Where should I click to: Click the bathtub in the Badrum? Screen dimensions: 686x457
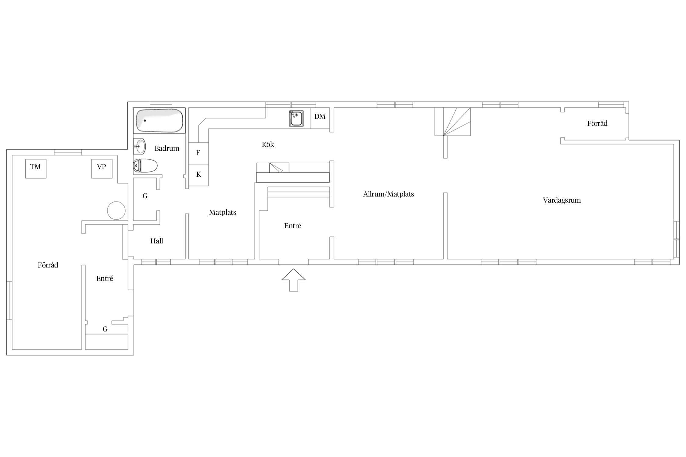(159, 120)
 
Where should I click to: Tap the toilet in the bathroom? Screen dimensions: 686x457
(145, 166)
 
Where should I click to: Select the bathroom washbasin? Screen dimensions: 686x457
(139, 147)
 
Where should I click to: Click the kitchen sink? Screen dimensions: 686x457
(296, 119)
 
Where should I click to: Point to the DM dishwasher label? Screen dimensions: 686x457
(320, 116)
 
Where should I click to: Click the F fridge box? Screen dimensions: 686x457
(198, 153)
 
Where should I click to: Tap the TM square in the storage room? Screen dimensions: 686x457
(36, 168)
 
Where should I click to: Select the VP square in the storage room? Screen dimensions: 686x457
(102, 168)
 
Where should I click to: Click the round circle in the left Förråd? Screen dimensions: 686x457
(116, 211)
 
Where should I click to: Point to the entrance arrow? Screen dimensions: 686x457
(293, 280)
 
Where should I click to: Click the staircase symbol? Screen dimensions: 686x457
(453, 122)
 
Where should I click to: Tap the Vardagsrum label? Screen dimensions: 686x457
(562, 200)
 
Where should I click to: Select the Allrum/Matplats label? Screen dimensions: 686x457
(388, 194)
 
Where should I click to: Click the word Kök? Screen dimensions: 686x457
(268, 144)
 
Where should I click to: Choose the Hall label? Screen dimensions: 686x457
(157, 241)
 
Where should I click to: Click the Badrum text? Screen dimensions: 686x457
(167, 148)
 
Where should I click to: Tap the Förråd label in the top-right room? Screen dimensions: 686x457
(597, 123)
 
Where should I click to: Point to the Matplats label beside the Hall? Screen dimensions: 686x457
(223, 213)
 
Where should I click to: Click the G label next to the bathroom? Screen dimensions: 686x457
(145, 196)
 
